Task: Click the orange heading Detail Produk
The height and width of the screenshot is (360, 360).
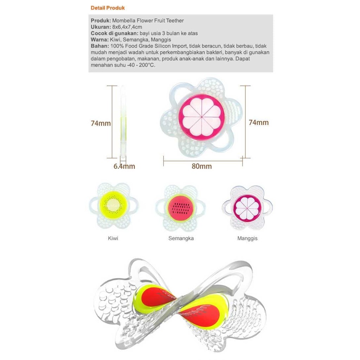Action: [x=108, y=8]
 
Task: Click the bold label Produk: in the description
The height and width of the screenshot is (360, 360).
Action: [x=101, y=21]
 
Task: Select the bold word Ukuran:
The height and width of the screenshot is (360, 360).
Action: [x=101, y=27]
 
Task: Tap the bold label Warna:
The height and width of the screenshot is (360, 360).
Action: [x=99, y=40]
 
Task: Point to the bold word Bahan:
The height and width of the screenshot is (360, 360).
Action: [x=100, y=46]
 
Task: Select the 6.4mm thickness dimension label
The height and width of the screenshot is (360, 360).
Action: [x=124, y=166]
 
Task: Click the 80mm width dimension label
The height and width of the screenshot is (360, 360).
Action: [x=202, y=166]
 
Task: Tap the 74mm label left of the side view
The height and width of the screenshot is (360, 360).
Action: [x=101, y=123]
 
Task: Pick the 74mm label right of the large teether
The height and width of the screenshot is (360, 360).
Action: [x=258, y=122]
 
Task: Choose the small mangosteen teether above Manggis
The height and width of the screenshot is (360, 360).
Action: [x=247, y=207]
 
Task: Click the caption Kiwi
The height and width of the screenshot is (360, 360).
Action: [x=113, y=238]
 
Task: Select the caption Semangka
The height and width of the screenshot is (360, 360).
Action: [x=181, y=238]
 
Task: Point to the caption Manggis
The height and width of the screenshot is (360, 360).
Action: [x=247, y=238]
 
